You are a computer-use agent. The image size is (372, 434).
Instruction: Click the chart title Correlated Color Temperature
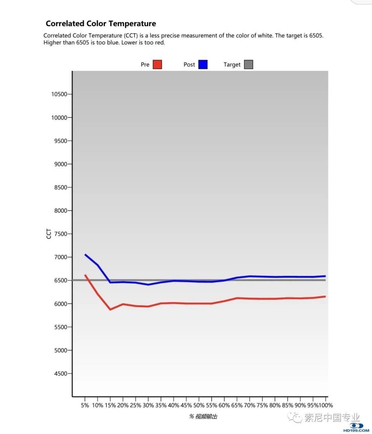(x=101, y=23)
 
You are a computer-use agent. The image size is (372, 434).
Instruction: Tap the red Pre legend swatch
(x=157, y=65)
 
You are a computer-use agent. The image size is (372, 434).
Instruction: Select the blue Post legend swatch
(x=203, y=65)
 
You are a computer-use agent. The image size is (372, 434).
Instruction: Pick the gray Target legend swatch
(x=248, y=65)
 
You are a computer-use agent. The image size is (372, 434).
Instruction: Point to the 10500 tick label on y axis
(x=59, y=94)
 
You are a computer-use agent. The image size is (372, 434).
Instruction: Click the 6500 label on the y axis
(x=60, y=280)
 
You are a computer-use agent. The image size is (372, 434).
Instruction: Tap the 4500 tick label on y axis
(x=60, y=374)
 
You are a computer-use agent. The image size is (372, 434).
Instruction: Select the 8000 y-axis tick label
(x=60, y=211)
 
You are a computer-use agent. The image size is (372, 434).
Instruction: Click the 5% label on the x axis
(x=85, y=405)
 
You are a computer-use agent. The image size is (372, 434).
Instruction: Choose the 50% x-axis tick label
(x=199, y=405)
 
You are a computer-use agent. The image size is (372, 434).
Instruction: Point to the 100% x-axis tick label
(x=325, y=405)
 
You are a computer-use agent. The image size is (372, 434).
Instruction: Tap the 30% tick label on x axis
(x=148, y=405)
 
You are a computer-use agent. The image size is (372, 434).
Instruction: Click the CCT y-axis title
(x=49, y=234)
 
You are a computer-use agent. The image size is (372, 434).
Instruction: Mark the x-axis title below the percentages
(x=203, y=417)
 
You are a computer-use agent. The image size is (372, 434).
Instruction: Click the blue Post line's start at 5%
(x=85, y=255)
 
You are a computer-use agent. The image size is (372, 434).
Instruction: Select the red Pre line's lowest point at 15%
(x=110, y=309)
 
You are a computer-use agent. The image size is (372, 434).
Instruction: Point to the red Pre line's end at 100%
(x=325, y=297)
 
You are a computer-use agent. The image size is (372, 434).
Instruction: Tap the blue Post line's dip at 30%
(x=148, y=284)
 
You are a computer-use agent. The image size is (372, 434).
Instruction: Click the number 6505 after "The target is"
(x=316, y=36)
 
